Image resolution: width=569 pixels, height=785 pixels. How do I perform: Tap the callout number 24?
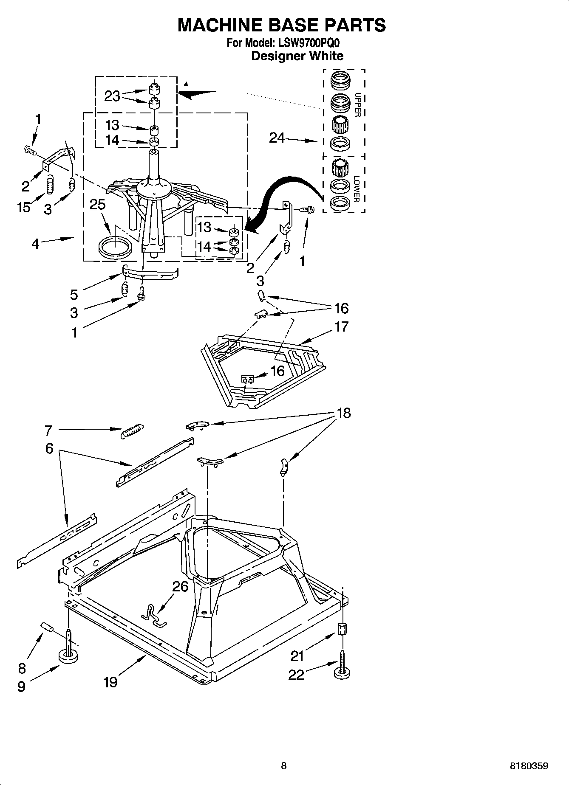[277, 138]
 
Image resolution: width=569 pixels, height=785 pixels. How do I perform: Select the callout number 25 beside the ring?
[97, 205]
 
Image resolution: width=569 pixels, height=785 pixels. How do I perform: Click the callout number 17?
[341, 326]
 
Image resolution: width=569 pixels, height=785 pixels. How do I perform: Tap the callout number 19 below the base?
[110, 682]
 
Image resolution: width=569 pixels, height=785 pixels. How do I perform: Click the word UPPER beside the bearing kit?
[357, 105]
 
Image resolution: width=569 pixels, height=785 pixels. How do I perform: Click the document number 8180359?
[529, 766]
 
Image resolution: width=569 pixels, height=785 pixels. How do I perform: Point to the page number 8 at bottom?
[284, 766]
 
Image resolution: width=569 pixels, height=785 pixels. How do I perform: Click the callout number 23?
[112, 96]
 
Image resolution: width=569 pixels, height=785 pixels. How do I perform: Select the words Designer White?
[297, 56]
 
